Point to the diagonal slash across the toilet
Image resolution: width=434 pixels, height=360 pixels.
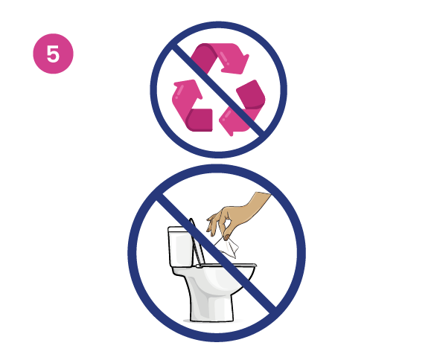(261, 290)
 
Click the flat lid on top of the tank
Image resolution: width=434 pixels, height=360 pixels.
(179, 230)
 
